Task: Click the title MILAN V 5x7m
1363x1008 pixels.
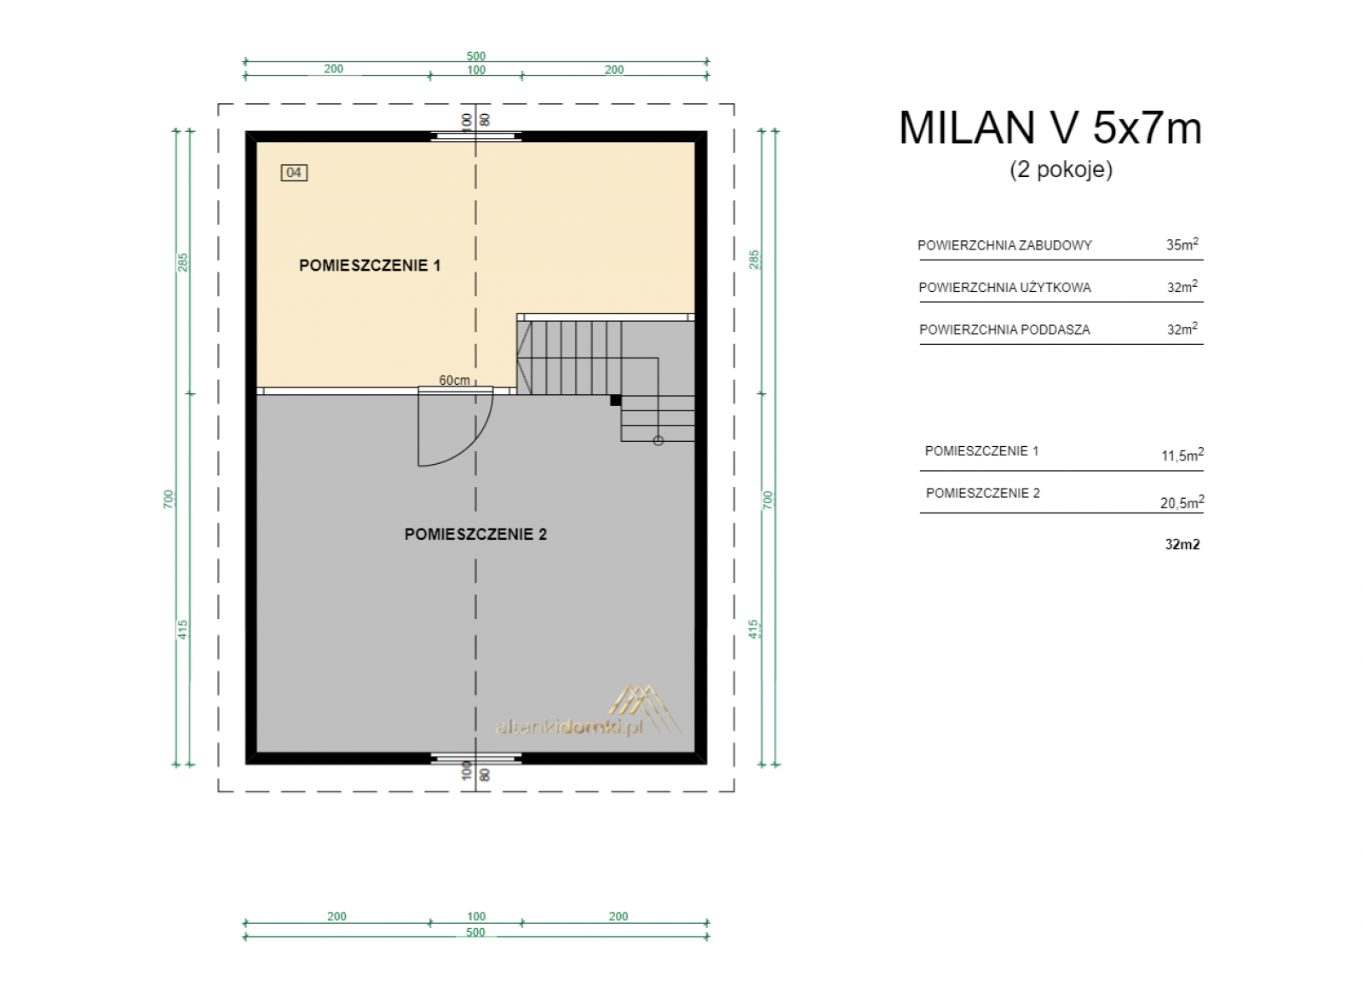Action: [x=1050, y=129]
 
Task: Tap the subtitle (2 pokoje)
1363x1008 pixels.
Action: [x=1061, y=169]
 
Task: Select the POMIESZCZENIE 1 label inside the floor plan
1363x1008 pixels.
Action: [x=370, y=266]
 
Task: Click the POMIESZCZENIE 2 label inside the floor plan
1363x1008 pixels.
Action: [x=475, y=535]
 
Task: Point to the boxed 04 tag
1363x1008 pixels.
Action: [x=294, y=173]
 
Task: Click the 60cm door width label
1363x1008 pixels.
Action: [x=454, y=381]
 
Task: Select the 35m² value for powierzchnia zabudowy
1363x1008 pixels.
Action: [x=1182, y=243]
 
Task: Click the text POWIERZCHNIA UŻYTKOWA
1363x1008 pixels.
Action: [x=1004, y=288]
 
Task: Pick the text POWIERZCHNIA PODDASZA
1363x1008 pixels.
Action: [x=1004, y=329]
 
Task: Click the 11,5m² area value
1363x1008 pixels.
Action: [x=1182, y=455]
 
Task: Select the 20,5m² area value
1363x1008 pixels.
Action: [x=1182, y=501]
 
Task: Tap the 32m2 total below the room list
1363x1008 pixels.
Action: [x=1182, y=544]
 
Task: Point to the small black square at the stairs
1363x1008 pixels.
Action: [x=615, y=400]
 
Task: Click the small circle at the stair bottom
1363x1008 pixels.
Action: [x=658, y=441]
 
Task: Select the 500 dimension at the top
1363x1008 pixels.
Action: [x=475, y=56]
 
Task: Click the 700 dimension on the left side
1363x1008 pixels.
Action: [x=169, y=499]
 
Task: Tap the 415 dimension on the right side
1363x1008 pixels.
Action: [x=753, y=629]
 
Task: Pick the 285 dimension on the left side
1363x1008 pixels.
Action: [x=182, y=262]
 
